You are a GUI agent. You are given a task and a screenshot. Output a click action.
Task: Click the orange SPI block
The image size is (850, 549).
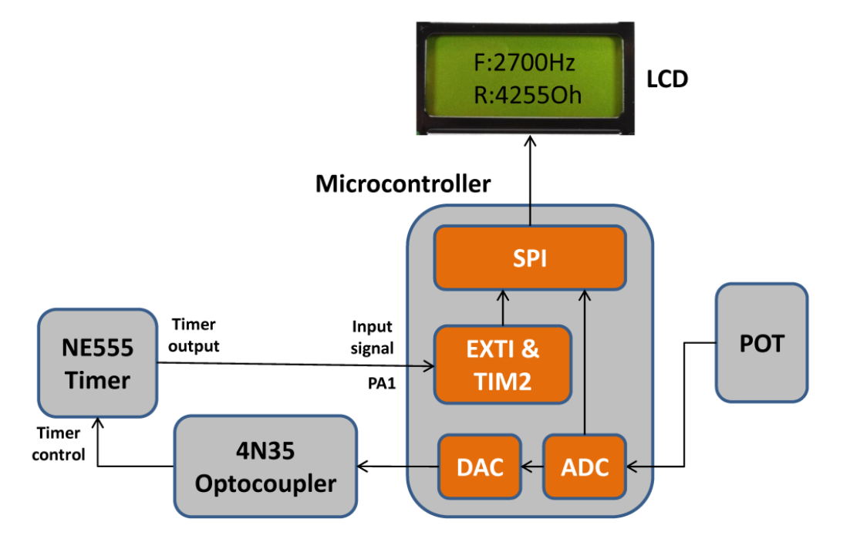pyautogui.click(x=529, y=258)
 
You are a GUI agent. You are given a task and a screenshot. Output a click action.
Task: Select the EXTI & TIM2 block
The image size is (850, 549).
pyautogui.click(x=502, y=364)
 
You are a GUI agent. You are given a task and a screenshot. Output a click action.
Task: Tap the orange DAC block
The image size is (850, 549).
pyautogui.click(x=480, y=466)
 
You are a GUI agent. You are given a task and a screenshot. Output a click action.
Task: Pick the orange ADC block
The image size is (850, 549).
pyautogui.click(x=585, y=466)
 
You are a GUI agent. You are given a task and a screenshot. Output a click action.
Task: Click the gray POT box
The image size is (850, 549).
pyautogui.click(x=761, y=342)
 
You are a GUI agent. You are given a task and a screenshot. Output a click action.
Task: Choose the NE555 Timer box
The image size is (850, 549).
pyautogui.click(x=96, y=364)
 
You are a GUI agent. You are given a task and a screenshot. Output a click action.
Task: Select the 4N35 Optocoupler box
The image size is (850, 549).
pyautogui.click(x=265, y=466)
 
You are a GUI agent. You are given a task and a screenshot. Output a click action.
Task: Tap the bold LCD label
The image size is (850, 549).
pyautogui.click(x=666, y=79)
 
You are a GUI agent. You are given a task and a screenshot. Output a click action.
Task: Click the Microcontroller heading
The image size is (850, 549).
pyautogui.click(x=403, y=184)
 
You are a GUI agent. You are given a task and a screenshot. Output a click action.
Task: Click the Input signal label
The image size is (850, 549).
pyautogui.click(x=373, y=337)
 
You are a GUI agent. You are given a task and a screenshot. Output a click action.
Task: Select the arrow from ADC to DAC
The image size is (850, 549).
pyautogui.click(x=532, y=466)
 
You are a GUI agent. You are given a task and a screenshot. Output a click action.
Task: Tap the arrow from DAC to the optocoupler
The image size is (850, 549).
pyautogui.click(x=398, y=466)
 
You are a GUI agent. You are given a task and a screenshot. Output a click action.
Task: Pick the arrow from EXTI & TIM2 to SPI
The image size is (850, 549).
pyautogui.click(x=502, y=308)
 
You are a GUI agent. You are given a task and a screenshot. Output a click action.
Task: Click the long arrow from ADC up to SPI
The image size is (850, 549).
pyautogui.click(x=585, y=362)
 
